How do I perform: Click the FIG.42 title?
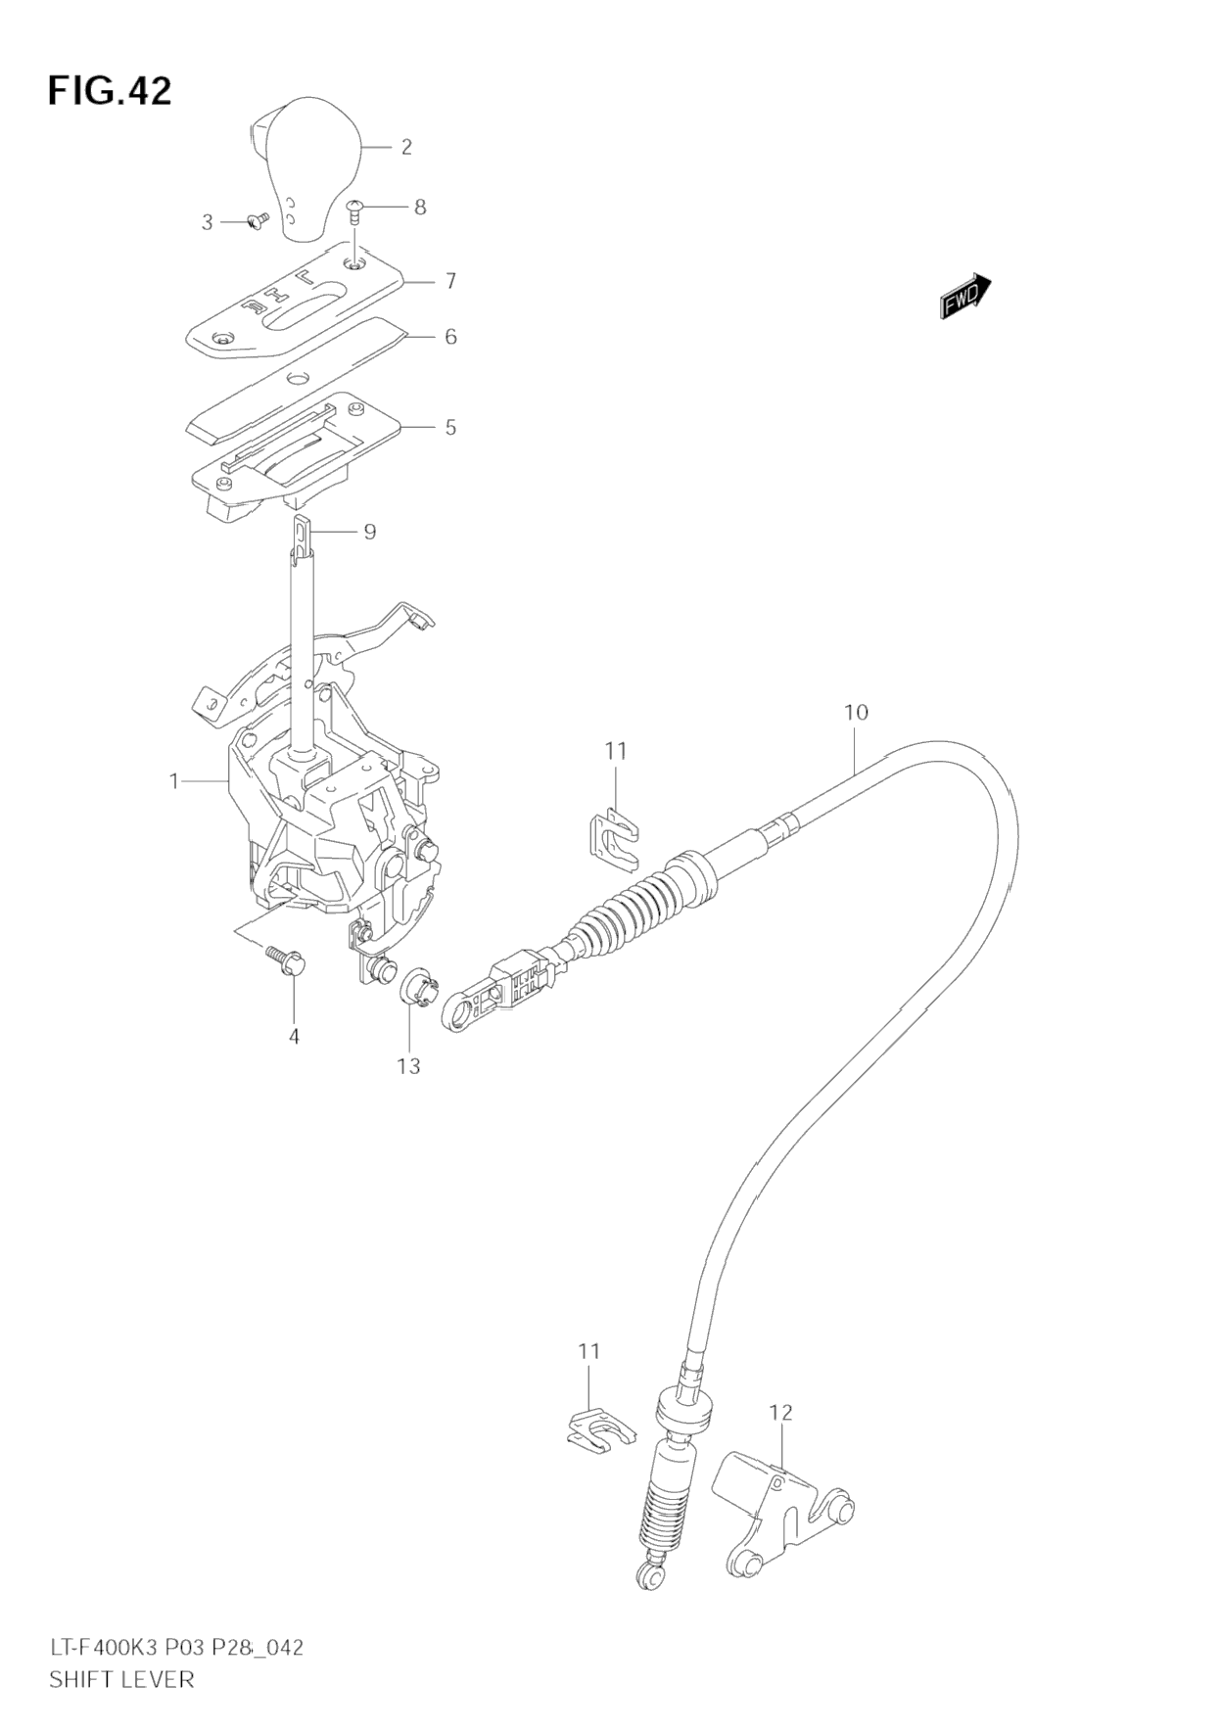(x=110, y=91)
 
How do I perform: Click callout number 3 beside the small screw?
(x=207, y=222)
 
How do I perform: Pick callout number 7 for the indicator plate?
(x=450, y=281)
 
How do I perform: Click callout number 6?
(x=450, y=337)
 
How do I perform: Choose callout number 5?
(x=450, y=427)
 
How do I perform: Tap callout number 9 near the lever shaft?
(x=369, y=532)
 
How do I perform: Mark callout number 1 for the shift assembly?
(x=174, y=780)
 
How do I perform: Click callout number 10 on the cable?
(x=856, y=712)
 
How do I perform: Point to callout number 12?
(x=780, y=1413)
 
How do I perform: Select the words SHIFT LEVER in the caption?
(x=121, y=1679)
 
